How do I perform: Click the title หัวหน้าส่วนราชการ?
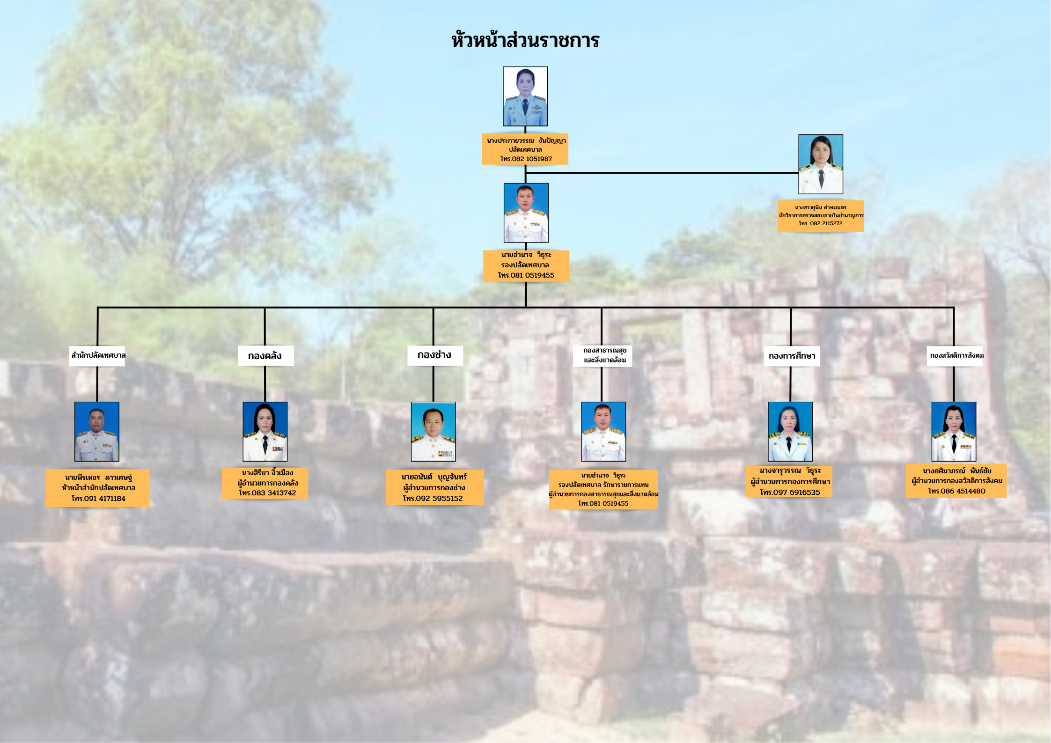click(525, 40)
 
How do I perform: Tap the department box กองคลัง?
click(266, 356)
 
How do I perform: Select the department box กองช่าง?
click(435, 355)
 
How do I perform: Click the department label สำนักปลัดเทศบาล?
click(98, 355)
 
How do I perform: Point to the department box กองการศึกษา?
click(792, 356)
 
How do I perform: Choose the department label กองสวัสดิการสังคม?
click(956, 355)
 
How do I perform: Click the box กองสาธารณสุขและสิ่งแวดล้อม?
click(603, 356)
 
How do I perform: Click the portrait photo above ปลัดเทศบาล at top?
click(525, 96)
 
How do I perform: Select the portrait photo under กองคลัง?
click(265, 432)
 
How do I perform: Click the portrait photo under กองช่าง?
click(434, 432)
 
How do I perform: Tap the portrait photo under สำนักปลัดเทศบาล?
click(97, 432)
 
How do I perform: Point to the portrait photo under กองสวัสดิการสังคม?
click(954, 432)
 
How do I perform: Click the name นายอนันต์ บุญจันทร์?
click(434, 477)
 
